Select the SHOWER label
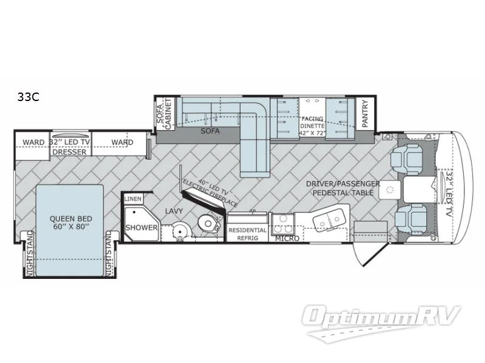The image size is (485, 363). tap(141, 227)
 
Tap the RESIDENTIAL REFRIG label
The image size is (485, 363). tap(247, 234)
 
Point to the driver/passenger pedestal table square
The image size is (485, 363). tap(387, 191)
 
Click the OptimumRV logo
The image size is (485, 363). tap(384, 317)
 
